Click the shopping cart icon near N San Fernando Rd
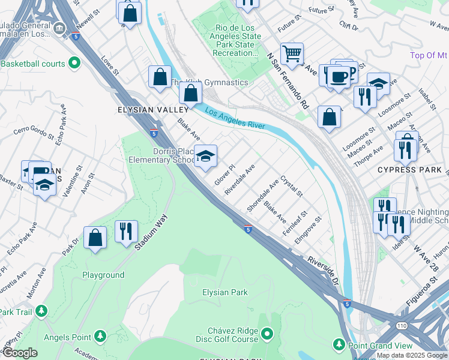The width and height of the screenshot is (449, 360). point(292,54)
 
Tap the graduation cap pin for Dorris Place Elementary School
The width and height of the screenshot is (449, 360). point(205,157)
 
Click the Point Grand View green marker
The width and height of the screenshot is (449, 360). point(339,345)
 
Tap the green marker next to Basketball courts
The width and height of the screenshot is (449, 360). point(74,62)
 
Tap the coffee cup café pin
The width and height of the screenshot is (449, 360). point(339,76)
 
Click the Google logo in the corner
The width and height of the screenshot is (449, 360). point(19,353)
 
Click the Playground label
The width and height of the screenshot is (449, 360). point(103,275)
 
